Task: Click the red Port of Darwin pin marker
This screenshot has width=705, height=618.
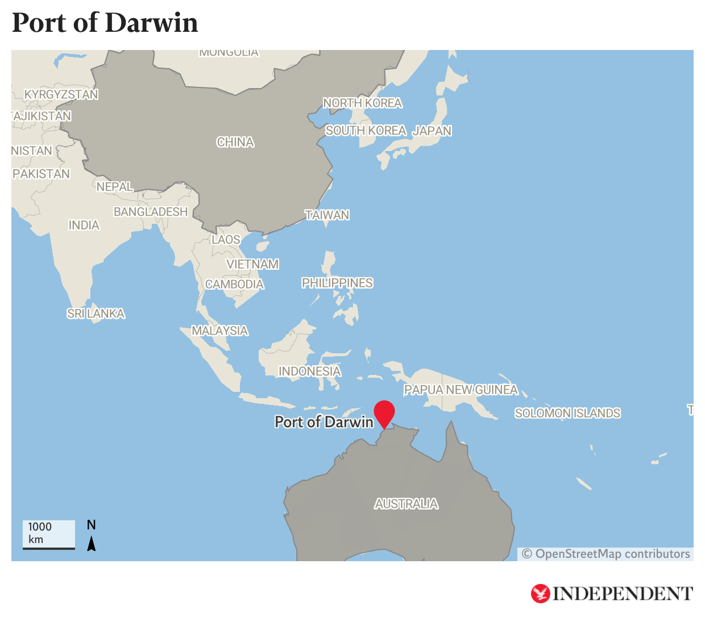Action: pyautogui.click(x=384, y=412)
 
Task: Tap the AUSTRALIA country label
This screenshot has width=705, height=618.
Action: pyautogui.click(x=406, y=504)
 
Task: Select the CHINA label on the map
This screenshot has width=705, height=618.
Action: pyautogui.click(x=235, y=142)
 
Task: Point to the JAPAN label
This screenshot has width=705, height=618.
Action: pyautogui.click(x=432, y=131)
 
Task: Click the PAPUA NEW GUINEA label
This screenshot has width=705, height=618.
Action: pyautogui.click(x=461, y=390)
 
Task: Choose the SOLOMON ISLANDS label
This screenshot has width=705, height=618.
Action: pyautogui.click(x=567, y=413)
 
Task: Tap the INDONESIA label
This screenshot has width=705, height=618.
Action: pyautogui.click(x=309, y=371)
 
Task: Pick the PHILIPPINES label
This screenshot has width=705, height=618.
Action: pyautogui.click(x=337, y=283)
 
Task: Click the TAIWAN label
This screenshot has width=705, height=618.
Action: pyautogui.click(x=327, y=215)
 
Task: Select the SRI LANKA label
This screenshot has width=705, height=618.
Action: pyautogui.click(x=96, y=314)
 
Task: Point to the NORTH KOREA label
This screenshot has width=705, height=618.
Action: pyautogui.click(x=362, y=103)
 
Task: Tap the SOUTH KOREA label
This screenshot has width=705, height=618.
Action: pyautogui.click(x=366, y=131)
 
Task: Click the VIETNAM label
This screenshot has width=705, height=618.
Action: pyautogui.click(x=252, y=264)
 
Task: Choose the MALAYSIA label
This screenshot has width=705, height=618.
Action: pyautogui.click(x=219, y=331)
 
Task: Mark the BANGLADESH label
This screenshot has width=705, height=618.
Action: pyautogui.click(x=150, y=212)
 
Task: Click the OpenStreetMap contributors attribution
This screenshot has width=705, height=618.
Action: pyautogui.click(x=606, y=554)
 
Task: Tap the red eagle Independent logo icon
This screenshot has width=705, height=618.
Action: pyautogui.click(x=540, y=594)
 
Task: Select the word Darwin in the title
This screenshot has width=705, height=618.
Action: pyautogui.click(x=151, y=23)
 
